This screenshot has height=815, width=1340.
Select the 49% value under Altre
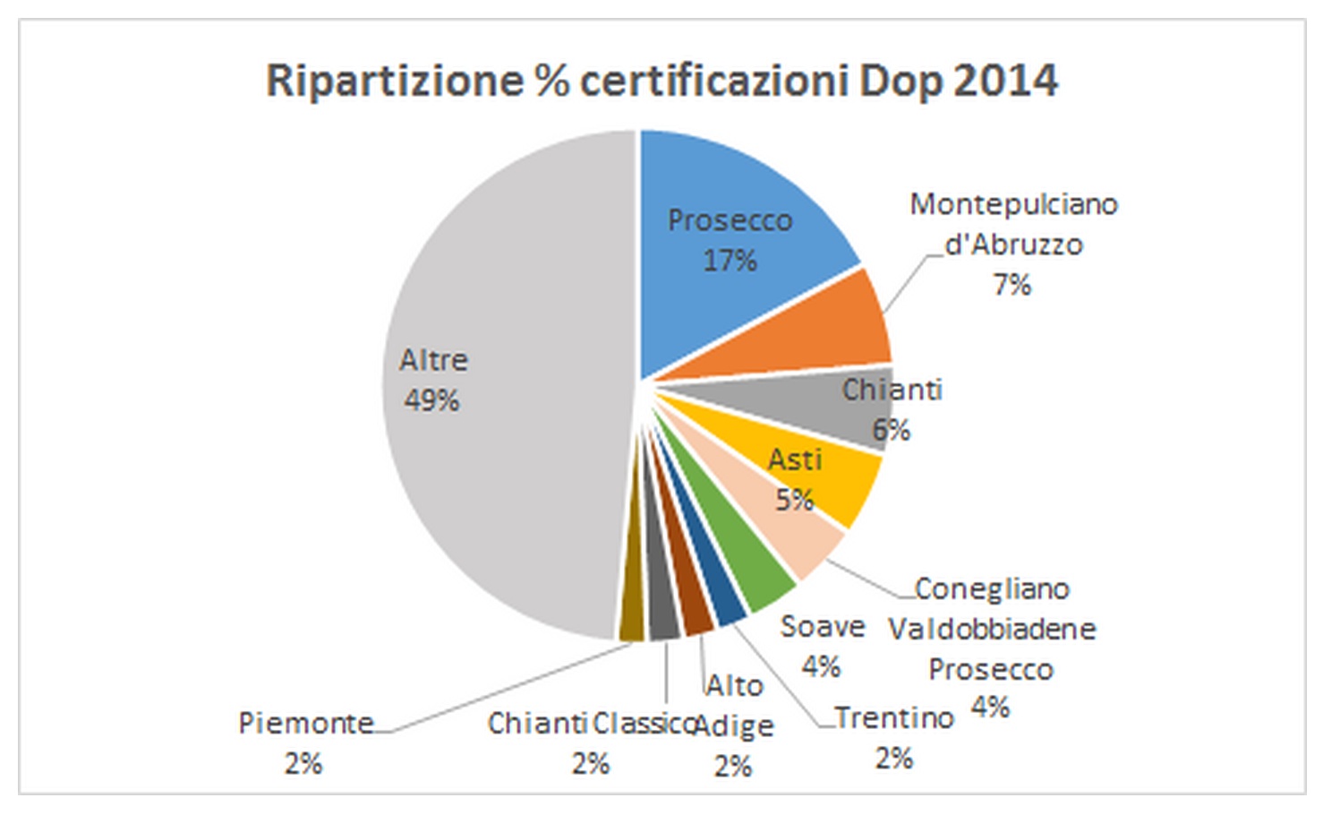pyautogui.click(x=431, y=400)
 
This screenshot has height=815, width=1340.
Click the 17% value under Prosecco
pyautogui.click(x=730, y=261)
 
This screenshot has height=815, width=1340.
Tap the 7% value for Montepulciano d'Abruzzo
pyautogui.click(x=1011, y=285)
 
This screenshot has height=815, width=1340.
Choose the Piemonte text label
pyautogui.click(x=306, y=723)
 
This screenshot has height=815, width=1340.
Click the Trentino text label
pyautogui.click(x=894, y=718)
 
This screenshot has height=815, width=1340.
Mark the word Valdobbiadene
pyautogui.click(x=992, y=630)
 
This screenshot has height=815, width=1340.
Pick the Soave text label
pyautogui.click(x=822, y=627)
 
